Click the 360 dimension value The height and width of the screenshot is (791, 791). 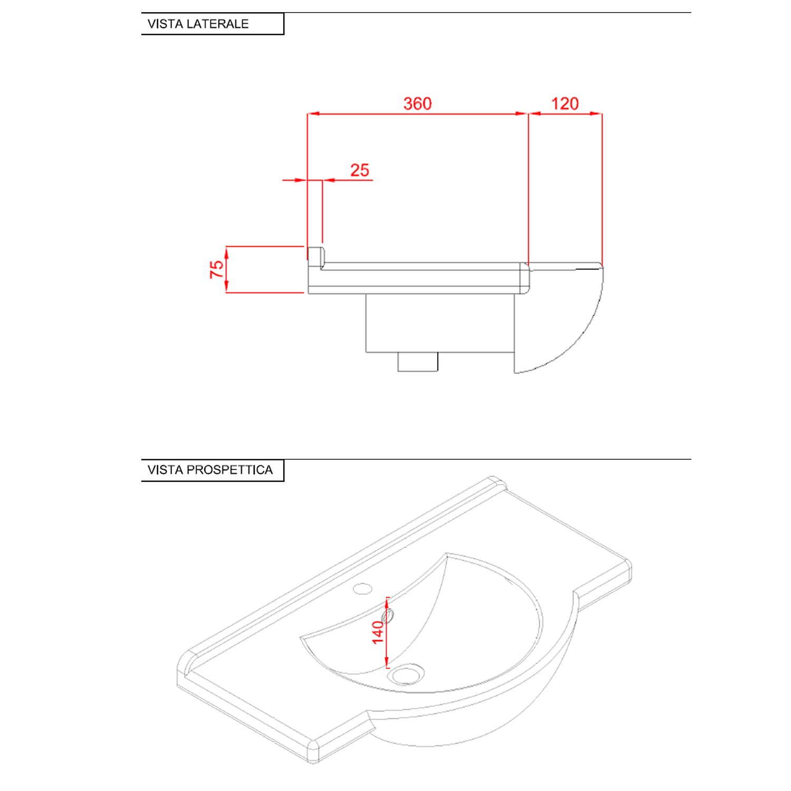417,103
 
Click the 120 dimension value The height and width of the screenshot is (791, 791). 565,103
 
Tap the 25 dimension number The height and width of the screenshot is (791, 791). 360,170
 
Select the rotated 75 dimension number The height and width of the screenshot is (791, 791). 217,269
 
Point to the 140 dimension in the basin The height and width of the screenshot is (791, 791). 378,632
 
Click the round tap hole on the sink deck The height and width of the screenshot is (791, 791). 362,589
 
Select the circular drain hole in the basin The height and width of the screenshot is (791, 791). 406,674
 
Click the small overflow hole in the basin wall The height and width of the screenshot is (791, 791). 390,615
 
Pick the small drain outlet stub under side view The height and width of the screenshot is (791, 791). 418,362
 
